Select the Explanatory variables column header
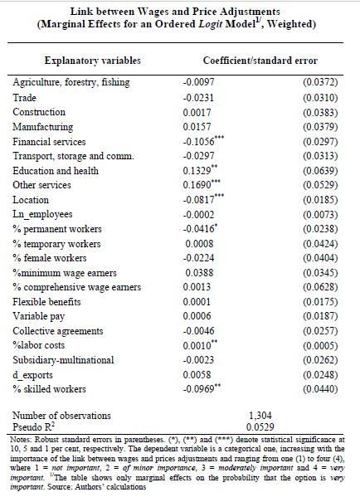[x=93, y=61]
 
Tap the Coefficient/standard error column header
[x=260, y=61]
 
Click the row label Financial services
[x=49, y=142]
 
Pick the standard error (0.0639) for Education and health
[x=320, y=171]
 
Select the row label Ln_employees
[x=42, y=214]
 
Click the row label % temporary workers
[x=56, y=244]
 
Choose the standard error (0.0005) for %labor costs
[x=320, y=345]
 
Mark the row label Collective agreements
[x=58, y=331]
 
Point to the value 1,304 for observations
[x=260, y=416]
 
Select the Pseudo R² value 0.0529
[x=260, y=427]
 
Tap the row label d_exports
[x=32, y=375]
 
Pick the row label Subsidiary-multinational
[x=63, y=360]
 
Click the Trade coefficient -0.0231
[x=198, y=98]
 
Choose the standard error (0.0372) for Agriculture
[x=320, y=82]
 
